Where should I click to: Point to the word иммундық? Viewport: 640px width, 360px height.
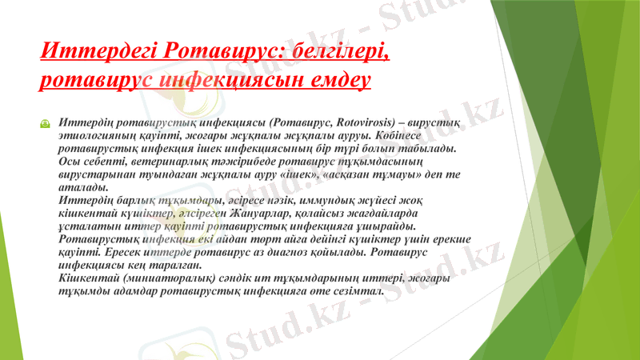(347, 201)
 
